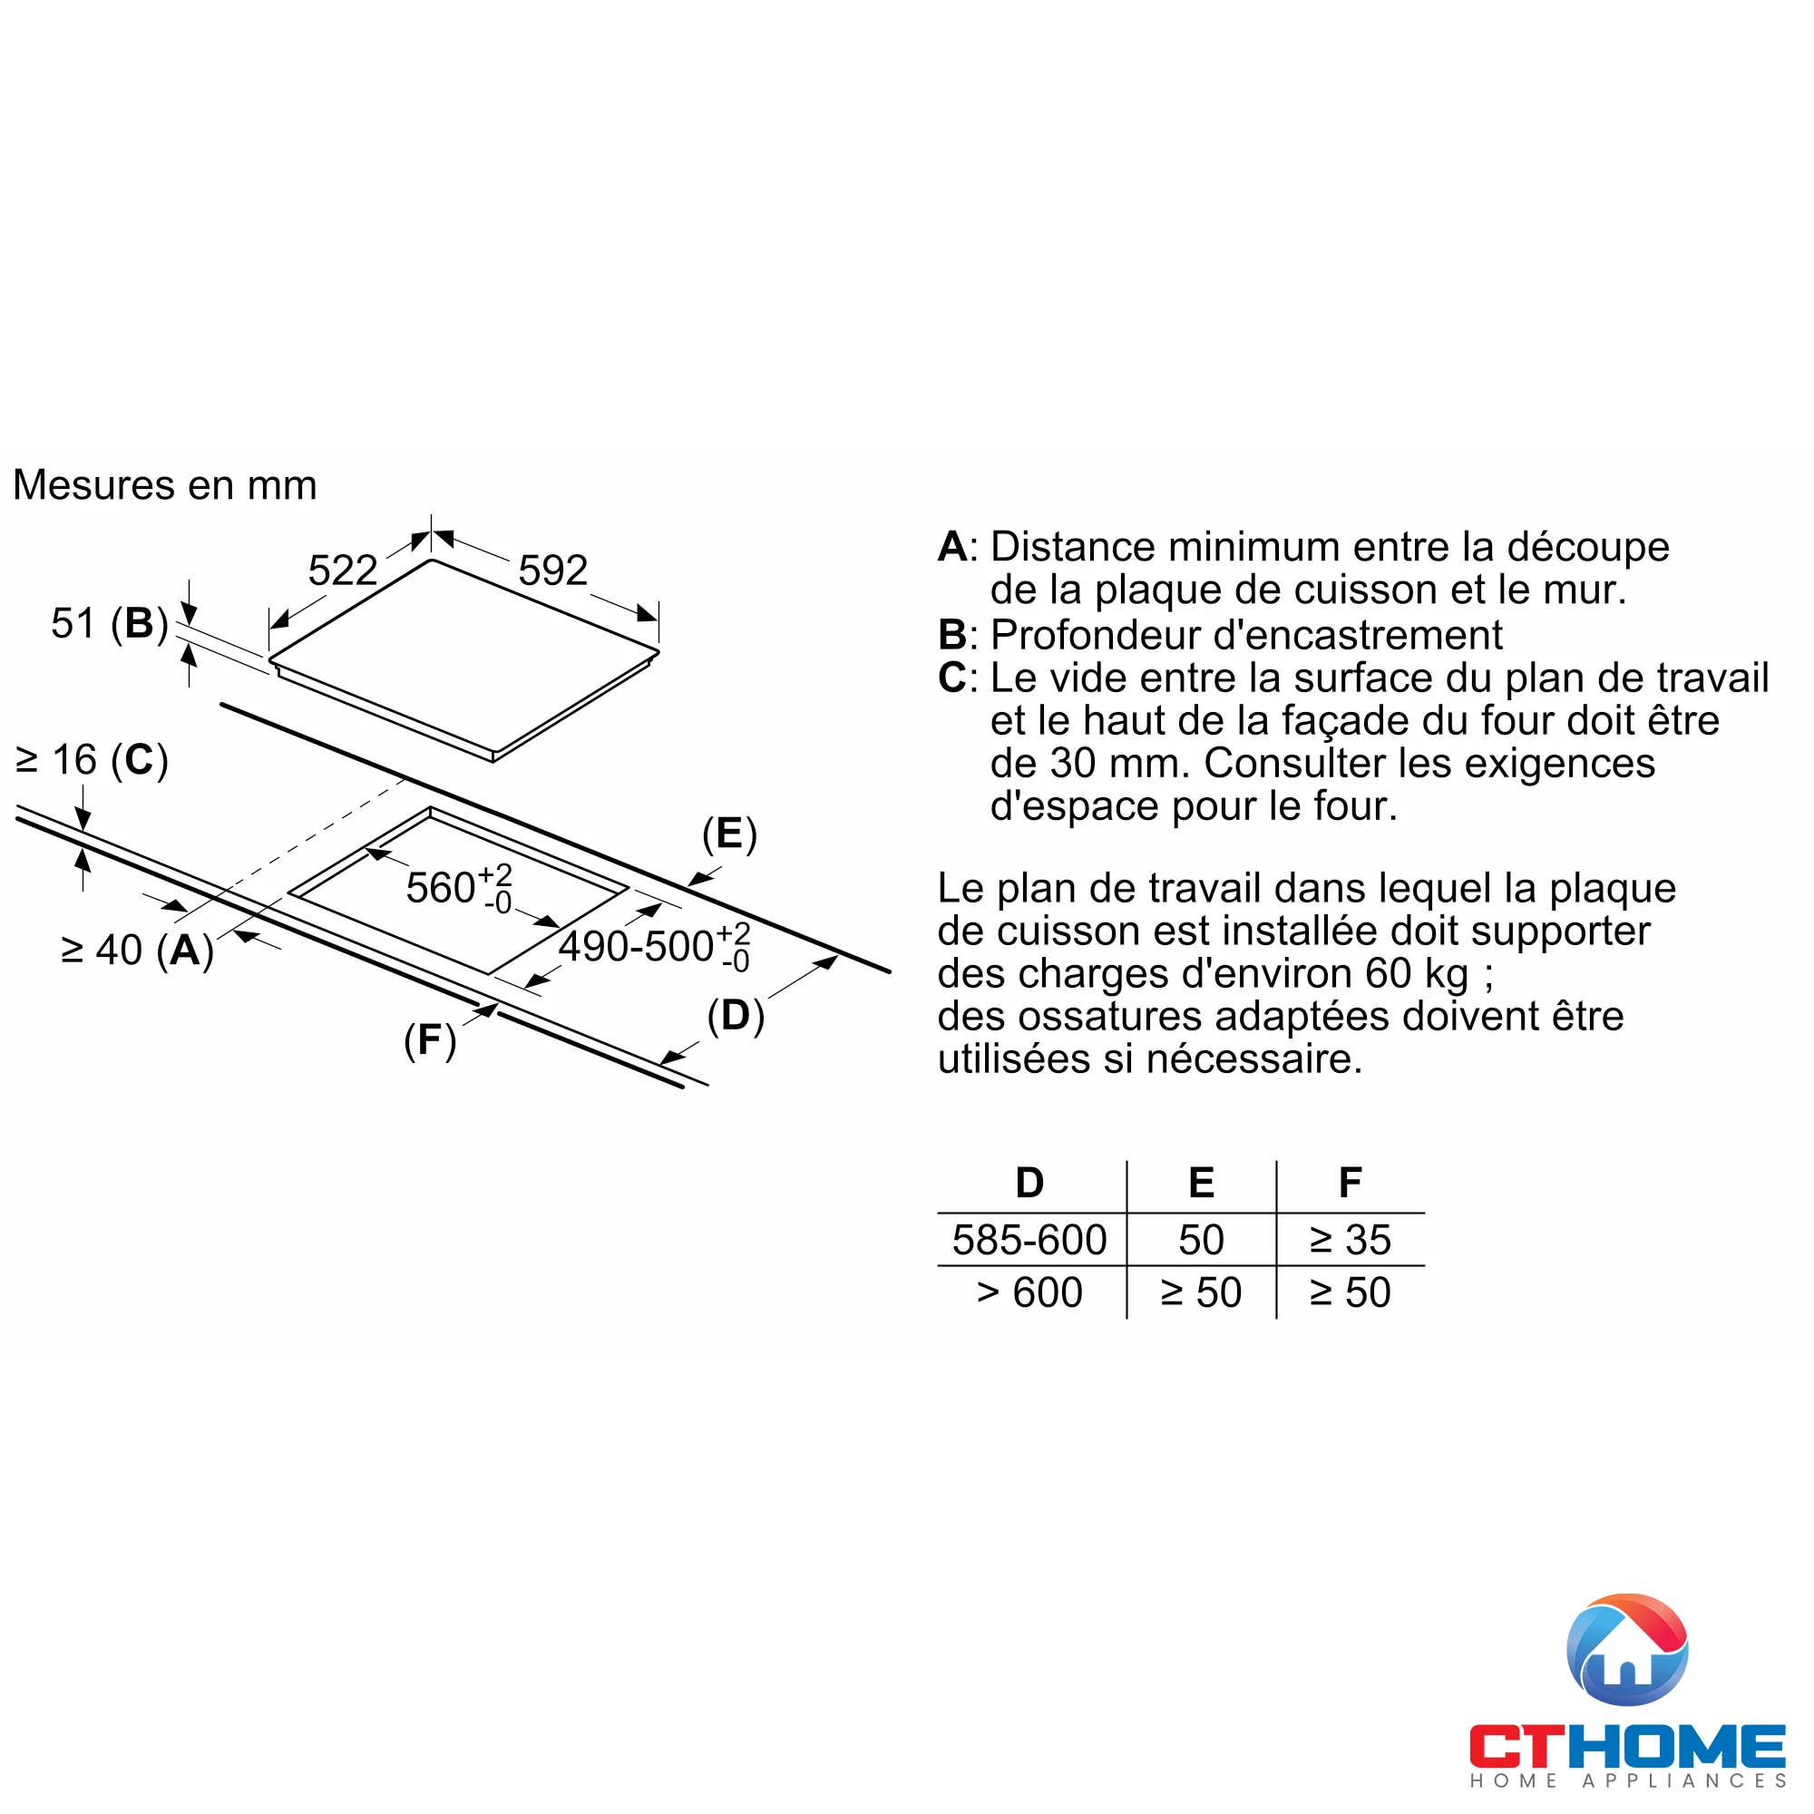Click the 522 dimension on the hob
pos(343,570)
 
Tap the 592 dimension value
pos(553,570)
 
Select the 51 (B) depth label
pos(109,623)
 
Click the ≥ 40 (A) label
pos(137,951)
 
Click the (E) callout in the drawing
pos(729,834)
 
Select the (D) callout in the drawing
pos(736,1016)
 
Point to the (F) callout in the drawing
pos(430,1040)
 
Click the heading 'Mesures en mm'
pos(165,485)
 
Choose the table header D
pos(1030,1183)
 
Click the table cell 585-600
pos(1030,1240)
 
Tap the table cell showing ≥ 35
pos(1351,1240)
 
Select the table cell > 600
pos(1030,1292)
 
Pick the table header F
pos(1351,1183)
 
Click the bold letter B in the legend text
pos(952,636)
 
